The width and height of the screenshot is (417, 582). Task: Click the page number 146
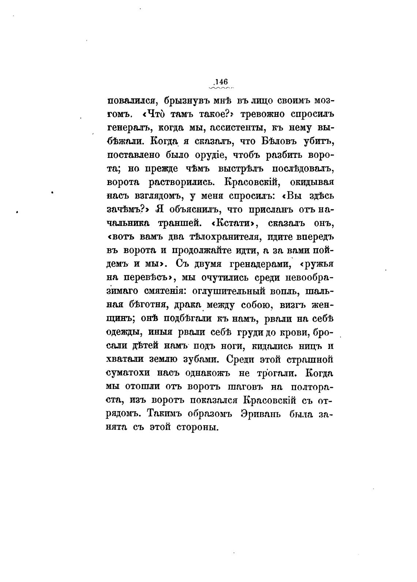tap(221, 82)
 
